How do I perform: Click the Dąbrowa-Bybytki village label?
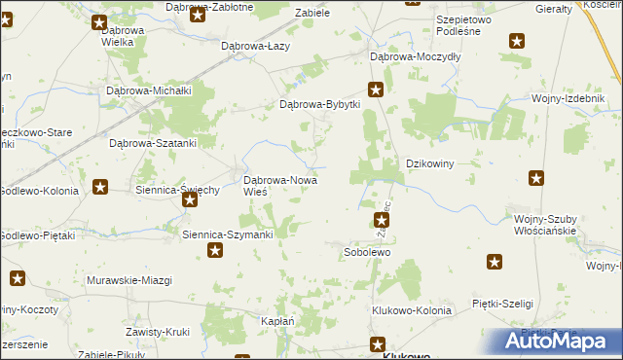pyautogui.click(x=320, y=105)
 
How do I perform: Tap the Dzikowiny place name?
pyautogui.click(x=430, y=164)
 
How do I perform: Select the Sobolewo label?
pyautogui.click(x=367, y=252)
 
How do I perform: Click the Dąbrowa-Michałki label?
pyautogui.click(x=147, y=90)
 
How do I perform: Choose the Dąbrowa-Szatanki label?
pyautogui.click(x=153, y=142)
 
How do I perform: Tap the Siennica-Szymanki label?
pyautogui.click(x=228, y=234)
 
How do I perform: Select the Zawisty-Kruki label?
pyautogui.click(x=156, y=332)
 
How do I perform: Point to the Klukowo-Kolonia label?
pyautogui.click(x=412, y=310)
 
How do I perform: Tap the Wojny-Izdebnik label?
pyautogui.click(x=567, y=98)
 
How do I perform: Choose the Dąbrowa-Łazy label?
pyautogui.click(x=255, y=46)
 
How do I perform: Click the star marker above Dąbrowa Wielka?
pyautogui.click(x=99, y=21)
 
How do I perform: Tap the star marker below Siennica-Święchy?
pyautogui.click(x=190, y=199)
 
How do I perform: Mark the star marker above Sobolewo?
pyautogui.click(x=382, y=223)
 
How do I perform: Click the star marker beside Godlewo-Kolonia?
pyautogui.click(x=99, y=187)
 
